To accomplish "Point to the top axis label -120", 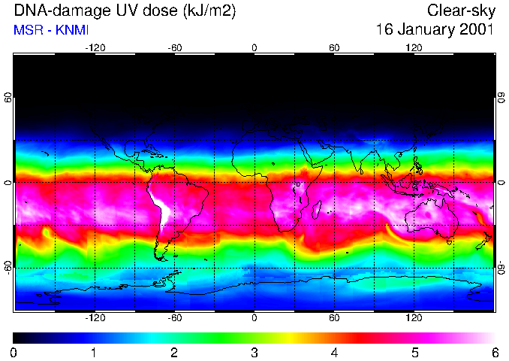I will tap(95, 47).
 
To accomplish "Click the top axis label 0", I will tap(254, 47).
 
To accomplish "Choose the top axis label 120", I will tap(414, 47).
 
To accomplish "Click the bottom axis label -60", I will tap(174, 318).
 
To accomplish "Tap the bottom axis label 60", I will tap(334, 318).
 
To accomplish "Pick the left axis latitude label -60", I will tap(8, 268).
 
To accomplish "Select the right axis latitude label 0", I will tap(501, 183).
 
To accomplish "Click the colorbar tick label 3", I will tap(254, 352).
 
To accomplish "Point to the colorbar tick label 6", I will tap(494, 352).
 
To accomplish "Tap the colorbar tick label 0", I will tap(14, 352).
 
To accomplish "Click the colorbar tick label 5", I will tap(414, 352).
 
